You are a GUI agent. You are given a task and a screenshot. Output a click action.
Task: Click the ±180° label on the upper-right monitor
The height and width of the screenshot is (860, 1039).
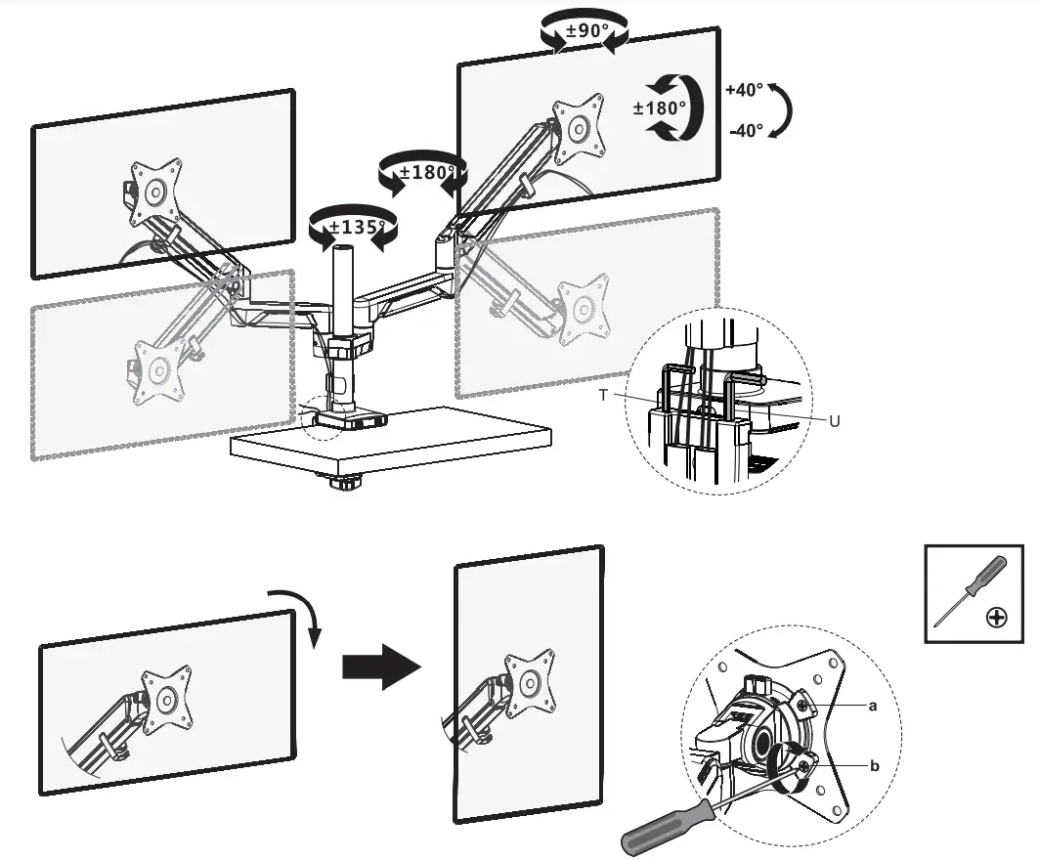coord(660,107)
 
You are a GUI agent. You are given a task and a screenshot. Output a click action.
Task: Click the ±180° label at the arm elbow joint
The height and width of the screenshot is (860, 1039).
coord(419,173)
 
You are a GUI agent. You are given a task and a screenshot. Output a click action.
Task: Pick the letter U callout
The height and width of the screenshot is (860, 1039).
coord(834,421)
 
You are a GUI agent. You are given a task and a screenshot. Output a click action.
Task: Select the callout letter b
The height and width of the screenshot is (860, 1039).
coord(874,765)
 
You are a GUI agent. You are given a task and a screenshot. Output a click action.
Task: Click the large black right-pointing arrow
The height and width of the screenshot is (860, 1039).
coord(380,666)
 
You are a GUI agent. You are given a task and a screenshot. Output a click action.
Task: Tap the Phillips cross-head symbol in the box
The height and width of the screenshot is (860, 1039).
coord(997,618)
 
